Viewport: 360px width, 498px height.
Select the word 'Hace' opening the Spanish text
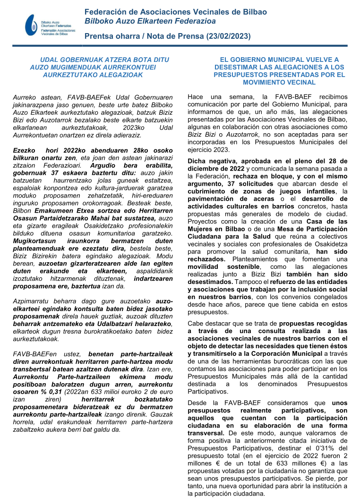point(196,96)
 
